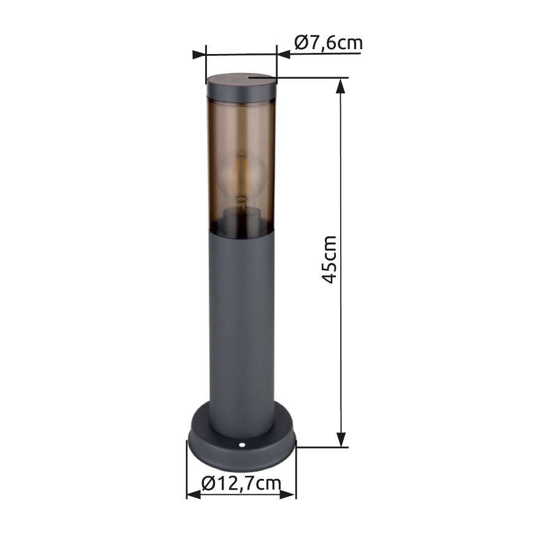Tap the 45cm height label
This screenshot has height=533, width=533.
click(x=330, y=259)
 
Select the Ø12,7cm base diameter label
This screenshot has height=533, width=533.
click(x=241, y=484)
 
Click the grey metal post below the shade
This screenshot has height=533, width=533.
click(x=241, y=319)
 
